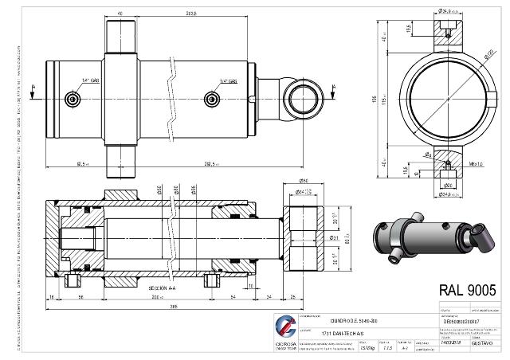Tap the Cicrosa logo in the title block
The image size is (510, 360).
pos(286,327)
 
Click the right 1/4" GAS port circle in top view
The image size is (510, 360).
pos(211,98)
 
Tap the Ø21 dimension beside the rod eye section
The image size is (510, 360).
pos(335,237)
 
